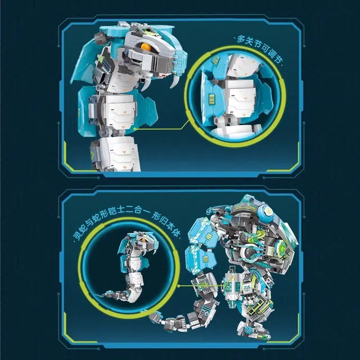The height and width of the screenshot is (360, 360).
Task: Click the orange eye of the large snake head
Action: click(146, 47)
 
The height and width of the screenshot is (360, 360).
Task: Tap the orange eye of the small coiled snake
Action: click(144, 240)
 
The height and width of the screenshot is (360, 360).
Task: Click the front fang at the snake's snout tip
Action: click(176, 81)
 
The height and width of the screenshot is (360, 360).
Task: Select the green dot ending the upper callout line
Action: click(135, 129)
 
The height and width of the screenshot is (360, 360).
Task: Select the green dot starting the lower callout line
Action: click(179, 286)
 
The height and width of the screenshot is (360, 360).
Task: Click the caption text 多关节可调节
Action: click(259, 49)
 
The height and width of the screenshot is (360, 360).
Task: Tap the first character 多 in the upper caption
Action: click(241, 39)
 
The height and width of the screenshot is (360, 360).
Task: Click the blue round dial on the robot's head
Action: click(267, 211)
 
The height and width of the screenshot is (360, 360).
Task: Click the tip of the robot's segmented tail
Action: click(150, 316)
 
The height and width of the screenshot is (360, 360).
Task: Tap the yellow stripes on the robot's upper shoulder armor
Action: click(209, 236)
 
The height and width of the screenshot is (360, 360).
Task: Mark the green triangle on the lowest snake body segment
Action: click(93, 157)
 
